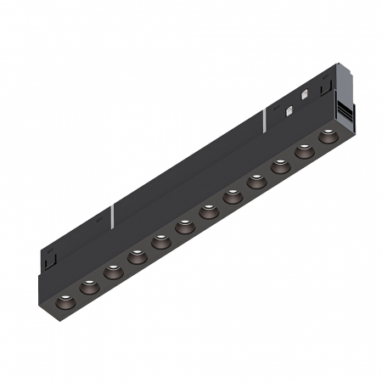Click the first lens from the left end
(x=65, y=303)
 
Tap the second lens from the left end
(x=88, y=288)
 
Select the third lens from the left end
(x=112, y=272)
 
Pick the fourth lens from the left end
(x=136, y=257)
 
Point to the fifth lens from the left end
(x=160, y=242)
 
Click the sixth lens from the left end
(x=183, y=227)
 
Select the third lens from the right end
(x=279, y=166)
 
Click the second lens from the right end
(x=303, y=150)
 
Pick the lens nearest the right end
(x=327, y=135)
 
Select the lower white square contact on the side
(x=291, y=109)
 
